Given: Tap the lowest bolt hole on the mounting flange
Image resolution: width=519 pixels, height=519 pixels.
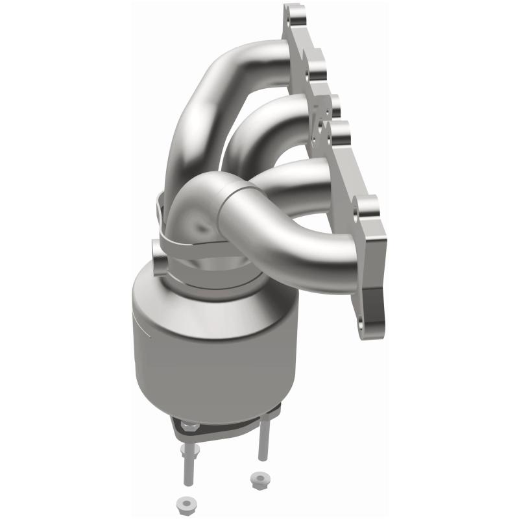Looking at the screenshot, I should coord(361,322).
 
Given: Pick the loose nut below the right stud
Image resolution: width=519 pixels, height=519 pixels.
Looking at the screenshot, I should coord(256,480).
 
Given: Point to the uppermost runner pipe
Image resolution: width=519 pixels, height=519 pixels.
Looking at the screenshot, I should coord(214,97).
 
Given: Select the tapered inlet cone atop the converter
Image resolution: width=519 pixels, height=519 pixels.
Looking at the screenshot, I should coord(208,285).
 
